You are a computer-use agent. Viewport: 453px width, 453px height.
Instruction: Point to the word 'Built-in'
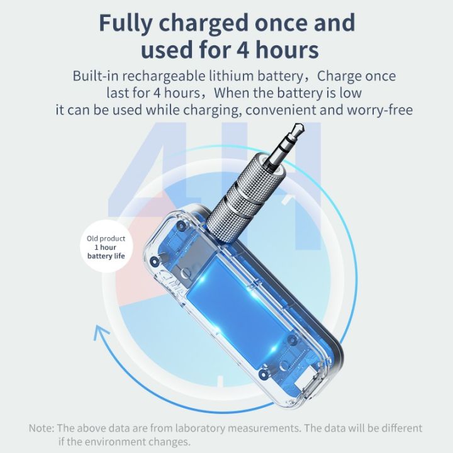[96, 76]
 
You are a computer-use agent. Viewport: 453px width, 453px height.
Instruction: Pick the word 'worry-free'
[380, 110]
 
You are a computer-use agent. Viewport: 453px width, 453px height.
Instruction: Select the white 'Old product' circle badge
[106, 247]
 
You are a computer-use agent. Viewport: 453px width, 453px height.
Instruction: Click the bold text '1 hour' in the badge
[105, 247]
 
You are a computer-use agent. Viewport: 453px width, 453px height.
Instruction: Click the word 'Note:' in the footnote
[42, 428]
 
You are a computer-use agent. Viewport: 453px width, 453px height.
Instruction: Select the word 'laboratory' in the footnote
[201, 428]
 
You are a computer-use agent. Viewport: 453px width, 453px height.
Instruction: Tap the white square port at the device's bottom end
[304, 381]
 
